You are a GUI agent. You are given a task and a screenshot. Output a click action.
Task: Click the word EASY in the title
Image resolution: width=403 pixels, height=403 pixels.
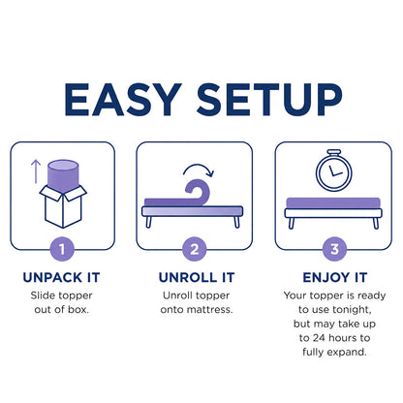(x=123, y=100)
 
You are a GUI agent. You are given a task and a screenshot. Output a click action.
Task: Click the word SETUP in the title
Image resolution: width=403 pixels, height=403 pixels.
(x=269, y=100)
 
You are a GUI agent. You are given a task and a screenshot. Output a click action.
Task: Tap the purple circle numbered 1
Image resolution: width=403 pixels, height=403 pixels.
(x=62, y=249)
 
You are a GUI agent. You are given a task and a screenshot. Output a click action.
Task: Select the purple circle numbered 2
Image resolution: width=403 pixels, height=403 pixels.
(x=195, y=249)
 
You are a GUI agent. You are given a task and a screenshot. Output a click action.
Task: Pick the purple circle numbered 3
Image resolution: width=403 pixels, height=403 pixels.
(x=334, y=249)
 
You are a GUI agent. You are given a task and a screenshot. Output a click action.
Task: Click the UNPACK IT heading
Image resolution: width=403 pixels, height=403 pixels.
(x=61, y=277)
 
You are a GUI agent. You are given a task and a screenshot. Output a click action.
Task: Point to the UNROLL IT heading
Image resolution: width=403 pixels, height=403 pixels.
(x=197, y=277)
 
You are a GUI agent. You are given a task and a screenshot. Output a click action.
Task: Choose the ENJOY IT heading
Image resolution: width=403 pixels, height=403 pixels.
(x=335, y=277)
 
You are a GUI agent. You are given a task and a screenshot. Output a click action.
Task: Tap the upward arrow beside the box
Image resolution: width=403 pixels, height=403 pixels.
(x=36, y=171)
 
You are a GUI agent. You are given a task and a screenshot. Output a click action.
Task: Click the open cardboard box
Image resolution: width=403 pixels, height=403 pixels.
(x=63, y=206)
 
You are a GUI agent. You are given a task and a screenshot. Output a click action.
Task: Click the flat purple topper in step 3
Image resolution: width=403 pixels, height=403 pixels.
(x=333, y=202)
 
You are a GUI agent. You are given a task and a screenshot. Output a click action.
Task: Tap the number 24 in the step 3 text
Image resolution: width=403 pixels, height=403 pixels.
(x=320, y=338)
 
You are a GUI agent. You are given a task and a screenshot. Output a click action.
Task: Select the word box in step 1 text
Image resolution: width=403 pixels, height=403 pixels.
(x=78, y=310)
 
